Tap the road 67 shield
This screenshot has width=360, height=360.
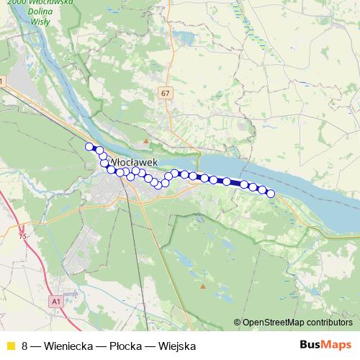coord(166,93)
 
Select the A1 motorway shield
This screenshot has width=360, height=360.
coord(57,301)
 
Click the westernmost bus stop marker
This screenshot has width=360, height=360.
coord(89,147)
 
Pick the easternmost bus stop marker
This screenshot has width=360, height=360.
coord(271,193)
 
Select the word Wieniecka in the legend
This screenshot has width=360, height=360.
coord(68,346)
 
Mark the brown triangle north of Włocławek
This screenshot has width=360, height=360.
coord(146,141)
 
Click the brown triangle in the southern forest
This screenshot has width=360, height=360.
coord(203,286)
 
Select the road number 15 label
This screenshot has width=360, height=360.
coord(22,235)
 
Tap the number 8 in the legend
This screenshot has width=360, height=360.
coord(25,346)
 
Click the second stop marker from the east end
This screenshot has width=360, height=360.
coord(262,190)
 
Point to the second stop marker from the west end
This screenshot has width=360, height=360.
coord(97,150)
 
